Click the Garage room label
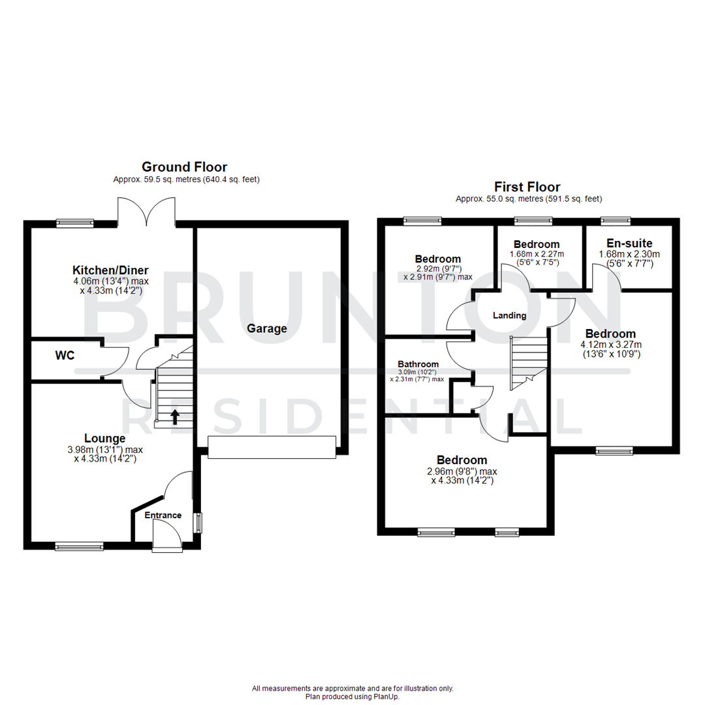pyautogui.click(x=266, y=328)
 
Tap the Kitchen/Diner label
pyautogui.click(x=110, y=270)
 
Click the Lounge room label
pyautogui.click(x=104, y=438)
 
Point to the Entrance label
pyautogui.click(x=163, y=515)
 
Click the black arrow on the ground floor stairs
pyautogui.click(x=174, y=416)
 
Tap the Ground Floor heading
pyautogui.click(x=184, y=167)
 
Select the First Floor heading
pyautogui.click(x=527, y=187)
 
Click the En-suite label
pyautogui.click(x=625, y=243)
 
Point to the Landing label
pyautogui.click(x=509, y=315)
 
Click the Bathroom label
pyautogui.click(x=418, y=364)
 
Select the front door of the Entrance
pyautogui.click(x=166, y=537)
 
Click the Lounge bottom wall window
pyautogui.click(x=79, y=546)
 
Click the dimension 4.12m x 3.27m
pyautogui.click(x=612, y=345)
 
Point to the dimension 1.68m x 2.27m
pyautogui.click(x=537, y=255)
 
